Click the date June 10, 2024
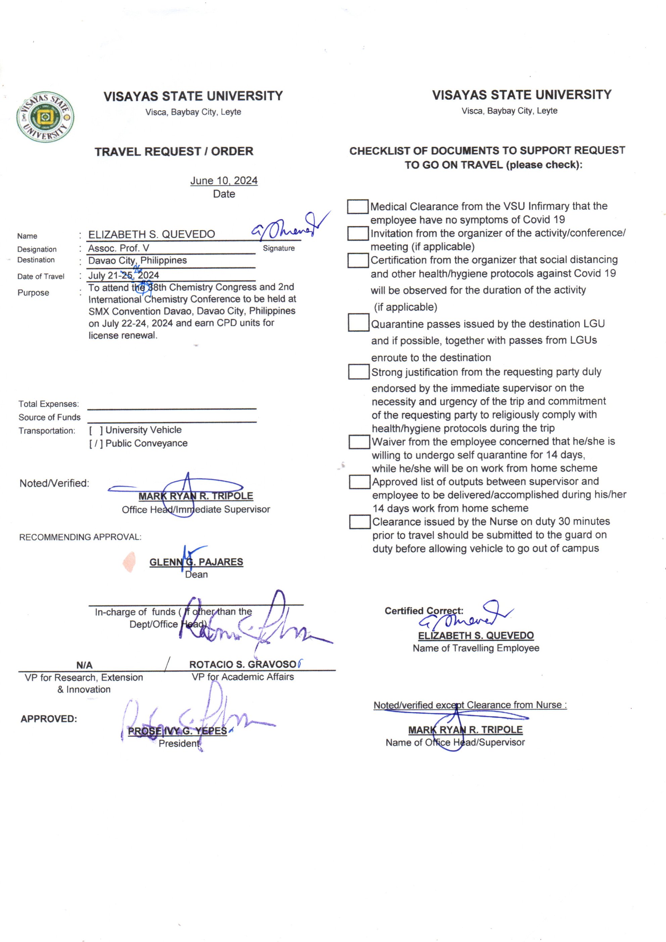point(224,181)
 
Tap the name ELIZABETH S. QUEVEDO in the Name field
point(152,234)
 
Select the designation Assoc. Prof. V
point(118,248)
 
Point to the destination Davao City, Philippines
point(137,261)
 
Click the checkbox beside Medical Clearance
point(357,207)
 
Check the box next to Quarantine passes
point(358,322)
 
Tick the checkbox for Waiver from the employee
point(359,442)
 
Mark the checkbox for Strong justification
point(359,372)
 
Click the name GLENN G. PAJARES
point(196,562)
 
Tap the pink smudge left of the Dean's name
point(129,562)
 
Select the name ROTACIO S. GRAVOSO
point(243,664)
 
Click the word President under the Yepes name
point(179,744)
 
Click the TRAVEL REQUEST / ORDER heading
point(174,151)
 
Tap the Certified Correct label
point(424,611)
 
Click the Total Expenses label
point(48,404)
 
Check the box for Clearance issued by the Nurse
point(360,522)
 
